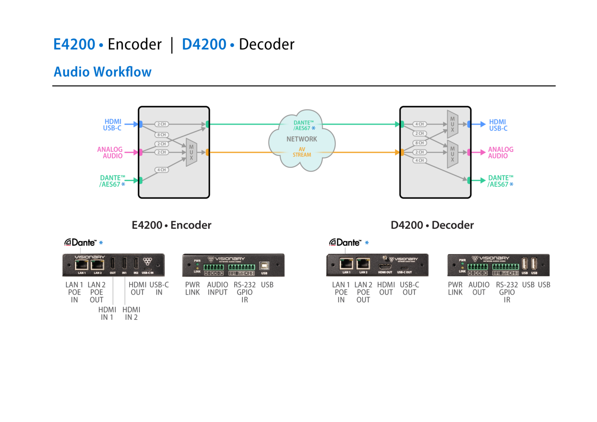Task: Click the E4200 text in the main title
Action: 74,44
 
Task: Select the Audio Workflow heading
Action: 103,72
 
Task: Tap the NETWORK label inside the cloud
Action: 302,139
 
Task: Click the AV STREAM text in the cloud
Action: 302,152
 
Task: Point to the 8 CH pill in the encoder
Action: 161,135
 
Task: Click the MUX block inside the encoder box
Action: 191,152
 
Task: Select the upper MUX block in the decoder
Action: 452,124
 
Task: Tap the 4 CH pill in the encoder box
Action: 161,170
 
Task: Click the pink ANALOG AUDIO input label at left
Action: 110,153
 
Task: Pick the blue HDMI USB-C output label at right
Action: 498,125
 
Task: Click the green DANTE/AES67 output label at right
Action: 500,181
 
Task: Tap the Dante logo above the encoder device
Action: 80,243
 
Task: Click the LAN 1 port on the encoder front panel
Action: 81,265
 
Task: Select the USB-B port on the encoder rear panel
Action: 264,266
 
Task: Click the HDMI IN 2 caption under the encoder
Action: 131,313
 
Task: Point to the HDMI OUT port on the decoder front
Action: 385,266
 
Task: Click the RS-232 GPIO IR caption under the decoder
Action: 507,292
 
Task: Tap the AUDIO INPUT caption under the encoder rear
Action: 218,288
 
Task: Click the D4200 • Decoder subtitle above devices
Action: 432,225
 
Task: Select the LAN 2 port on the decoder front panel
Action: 363,264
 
